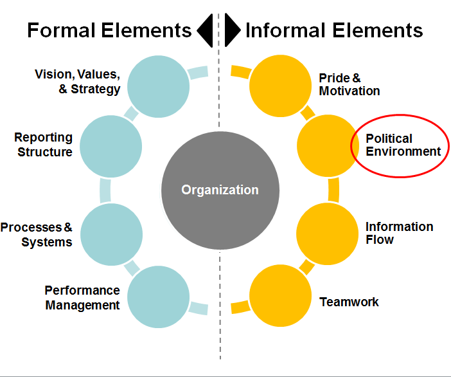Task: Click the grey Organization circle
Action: click(220, 190)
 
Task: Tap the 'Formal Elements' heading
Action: click(109, 30)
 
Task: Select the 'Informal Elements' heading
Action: click(334, 30)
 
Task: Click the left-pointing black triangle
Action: click(205, 30)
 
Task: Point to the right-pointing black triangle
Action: click(233, 30)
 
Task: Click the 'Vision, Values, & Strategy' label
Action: click(77, 82)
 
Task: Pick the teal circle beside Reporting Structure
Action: click(111, 146)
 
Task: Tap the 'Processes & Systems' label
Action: click(36, 235)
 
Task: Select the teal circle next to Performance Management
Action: click(159, 297)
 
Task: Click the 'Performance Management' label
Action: click(82, 297)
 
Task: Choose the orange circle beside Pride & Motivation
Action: click(281, 86)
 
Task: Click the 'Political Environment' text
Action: click(403, 145)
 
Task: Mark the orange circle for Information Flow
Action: click(328, 234)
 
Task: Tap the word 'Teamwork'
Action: click(349, 302)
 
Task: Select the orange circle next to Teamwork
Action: click(281, 296)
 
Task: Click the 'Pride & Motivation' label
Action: click(349, 84)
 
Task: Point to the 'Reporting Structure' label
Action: click(44, 145)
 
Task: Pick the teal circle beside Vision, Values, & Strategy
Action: click(159, 86)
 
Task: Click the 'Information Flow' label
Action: click(400, 233)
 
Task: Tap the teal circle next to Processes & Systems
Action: click(112, 234)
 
